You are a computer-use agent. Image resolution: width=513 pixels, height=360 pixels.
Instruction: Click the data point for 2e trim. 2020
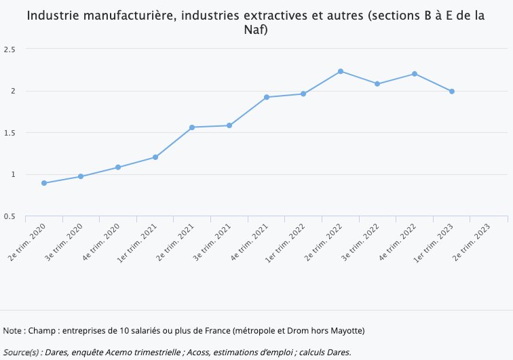(x=44, y=183)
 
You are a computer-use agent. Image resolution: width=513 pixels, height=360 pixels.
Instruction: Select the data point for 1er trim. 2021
(x=155, y=157)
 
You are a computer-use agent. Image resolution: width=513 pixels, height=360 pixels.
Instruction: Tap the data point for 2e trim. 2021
(x=192, y=127)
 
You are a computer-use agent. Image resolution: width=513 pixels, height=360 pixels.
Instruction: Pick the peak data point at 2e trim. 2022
(x=341, y=71)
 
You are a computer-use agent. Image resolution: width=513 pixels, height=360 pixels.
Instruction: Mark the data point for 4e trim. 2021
(x=267, y=97)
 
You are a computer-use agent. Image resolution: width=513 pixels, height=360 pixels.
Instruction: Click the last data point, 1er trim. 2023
(x=452, y=92)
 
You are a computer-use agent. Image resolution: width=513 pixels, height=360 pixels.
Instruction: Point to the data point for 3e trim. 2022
(x=377, y=84)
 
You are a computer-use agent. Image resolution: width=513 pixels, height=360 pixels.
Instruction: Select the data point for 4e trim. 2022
(x=415, y=74)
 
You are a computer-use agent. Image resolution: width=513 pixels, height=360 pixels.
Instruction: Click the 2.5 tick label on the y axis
(x=9, y=49)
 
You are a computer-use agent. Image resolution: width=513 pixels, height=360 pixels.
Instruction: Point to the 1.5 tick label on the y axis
(x=9, y=133)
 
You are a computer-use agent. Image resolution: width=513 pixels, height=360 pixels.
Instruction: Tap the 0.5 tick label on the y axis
(x=9, y=216)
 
